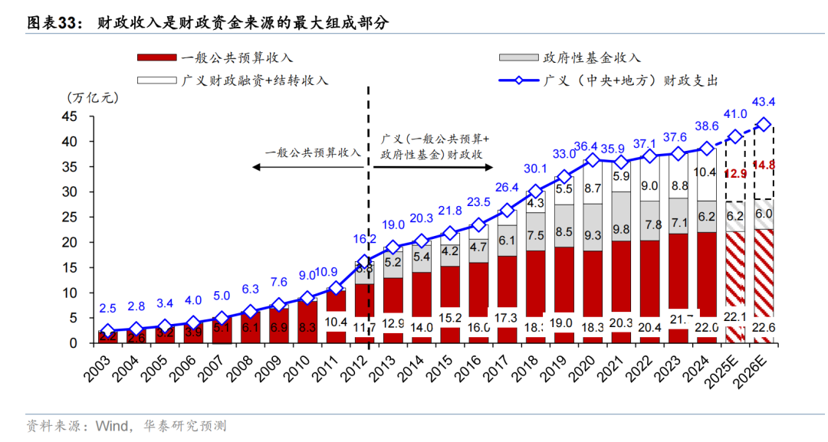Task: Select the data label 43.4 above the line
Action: click(764, 102)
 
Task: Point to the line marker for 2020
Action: click(591, 160)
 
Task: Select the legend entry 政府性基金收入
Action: click(591, 57)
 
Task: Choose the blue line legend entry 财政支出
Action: click(630, 80)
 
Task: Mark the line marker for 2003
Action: click(108, 331)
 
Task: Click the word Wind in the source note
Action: click(109, 425)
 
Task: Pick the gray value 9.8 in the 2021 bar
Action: click(620, 229)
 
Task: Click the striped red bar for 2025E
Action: click(734, 287)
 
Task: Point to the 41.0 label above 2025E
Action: click(734, 114)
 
